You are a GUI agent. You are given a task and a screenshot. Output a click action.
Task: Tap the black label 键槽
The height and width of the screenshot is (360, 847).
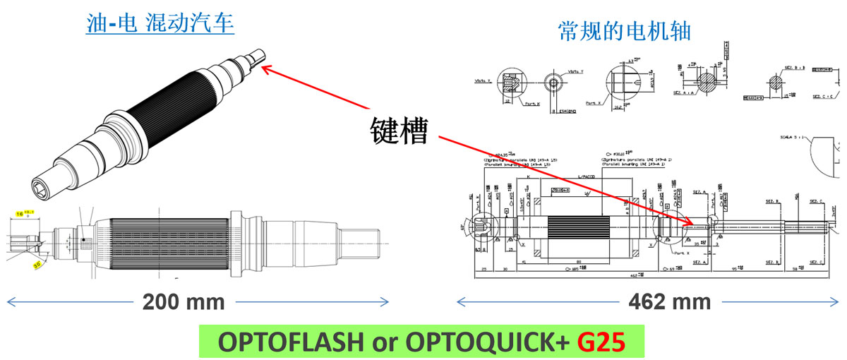click(x=400, y=129)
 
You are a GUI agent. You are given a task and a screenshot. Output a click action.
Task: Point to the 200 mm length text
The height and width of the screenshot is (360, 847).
click(x=184, y=302)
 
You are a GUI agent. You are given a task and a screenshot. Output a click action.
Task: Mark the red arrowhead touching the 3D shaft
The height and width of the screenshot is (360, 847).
click(x=265, y=68)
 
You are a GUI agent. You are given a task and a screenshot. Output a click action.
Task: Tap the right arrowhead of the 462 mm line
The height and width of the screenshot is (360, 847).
click(x=839, y=302)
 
